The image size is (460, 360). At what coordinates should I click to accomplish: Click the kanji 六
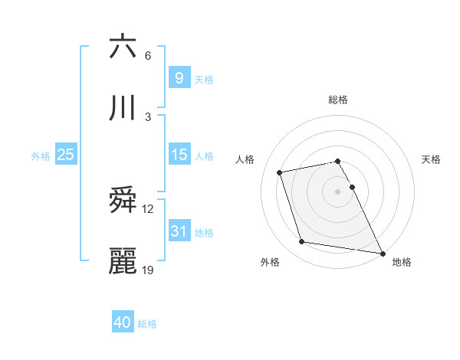(x=123, y=47)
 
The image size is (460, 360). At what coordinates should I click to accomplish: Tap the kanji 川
(x=123, y=109)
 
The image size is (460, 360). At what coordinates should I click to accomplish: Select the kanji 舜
(x=123, y=201)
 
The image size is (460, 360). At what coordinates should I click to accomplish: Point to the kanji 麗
(x=123, y=262)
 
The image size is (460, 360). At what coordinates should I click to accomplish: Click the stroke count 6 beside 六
(x=147, y=56)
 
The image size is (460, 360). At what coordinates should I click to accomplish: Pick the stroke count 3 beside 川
(x=147, y=117)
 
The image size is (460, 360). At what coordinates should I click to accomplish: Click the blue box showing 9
(x=179, y=77)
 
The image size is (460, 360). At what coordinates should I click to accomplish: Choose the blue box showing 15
(x=179, y=155)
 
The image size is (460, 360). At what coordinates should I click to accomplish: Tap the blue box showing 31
(x=179, y=231)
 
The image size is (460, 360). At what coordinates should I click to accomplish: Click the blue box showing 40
(x=123, y=322)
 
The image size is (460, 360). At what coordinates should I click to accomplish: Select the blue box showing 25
(x=66, y=155)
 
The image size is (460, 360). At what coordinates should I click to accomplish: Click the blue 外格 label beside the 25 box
(x=41, y=155)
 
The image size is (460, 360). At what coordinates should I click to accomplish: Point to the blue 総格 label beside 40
(x=147, y=324)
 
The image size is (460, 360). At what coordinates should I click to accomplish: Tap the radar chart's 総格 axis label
(x=338, y=100)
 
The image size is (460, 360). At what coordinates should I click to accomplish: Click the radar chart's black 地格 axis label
(x=402, y=262)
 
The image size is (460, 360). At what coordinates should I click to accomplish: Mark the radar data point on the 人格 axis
(x=280, y=172)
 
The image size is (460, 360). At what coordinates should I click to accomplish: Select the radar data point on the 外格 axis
(x=302, y=242)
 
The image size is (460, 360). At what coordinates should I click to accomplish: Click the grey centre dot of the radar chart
(x=338, y=191)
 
